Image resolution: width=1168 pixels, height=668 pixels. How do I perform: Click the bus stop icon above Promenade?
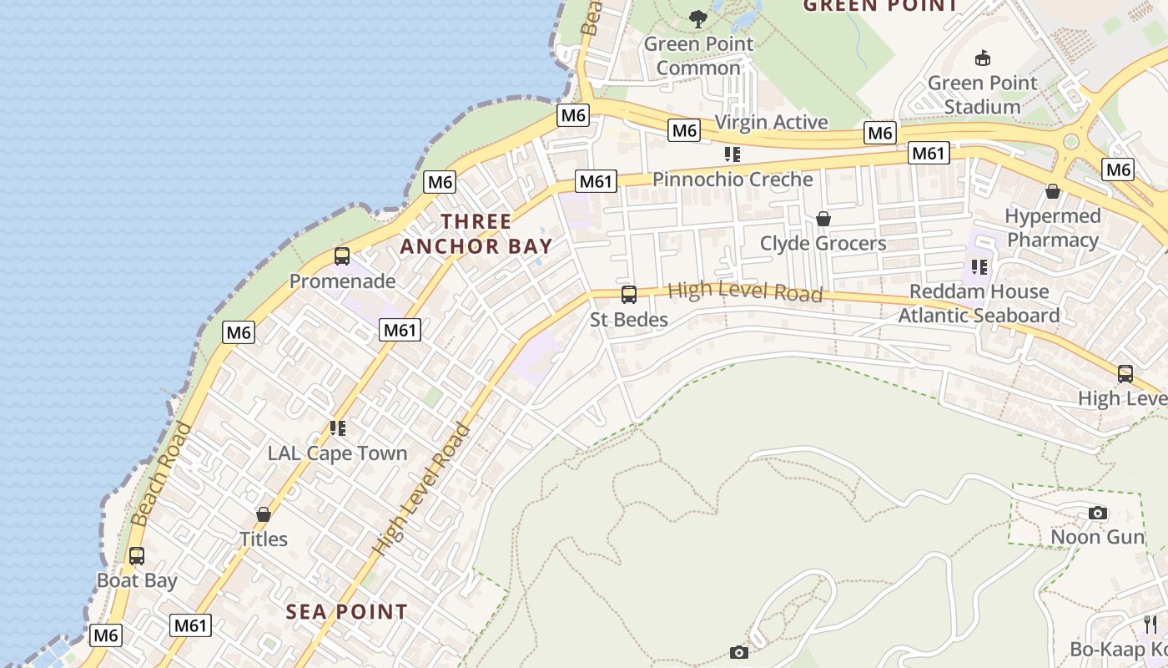[x=341, y=256]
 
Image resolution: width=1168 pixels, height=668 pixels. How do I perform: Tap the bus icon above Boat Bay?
[x=136, y=556]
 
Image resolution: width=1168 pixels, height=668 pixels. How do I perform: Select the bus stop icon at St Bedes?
[x=629, y=295]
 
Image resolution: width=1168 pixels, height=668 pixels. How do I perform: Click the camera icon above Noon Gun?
[x=1098, y=513]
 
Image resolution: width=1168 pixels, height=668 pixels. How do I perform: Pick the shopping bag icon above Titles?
[x=264, y=514]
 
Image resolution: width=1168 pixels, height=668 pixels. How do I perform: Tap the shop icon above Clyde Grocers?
[x=823, y=219]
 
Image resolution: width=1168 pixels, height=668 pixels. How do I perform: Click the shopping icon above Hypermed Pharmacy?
[x=1053, y=191]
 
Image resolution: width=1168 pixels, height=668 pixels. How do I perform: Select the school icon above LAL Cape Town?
[x=338, y=428]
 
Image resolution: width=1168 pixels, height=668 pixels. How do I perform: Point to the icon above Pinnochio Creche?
[x=733, y=154]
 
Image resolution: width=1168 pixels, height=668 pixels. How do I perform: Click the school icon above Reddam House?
[x=979, y=267]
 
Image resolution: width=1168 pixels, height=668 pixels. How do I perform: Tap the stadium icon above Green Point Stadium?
[x=983, y=58]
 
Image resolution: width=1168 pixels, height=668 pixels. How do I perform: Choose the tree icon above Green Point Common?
[x=698, y=18]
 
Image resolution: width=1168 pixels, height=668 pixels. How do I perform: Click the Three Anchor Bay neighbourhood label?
[x=476, y=234]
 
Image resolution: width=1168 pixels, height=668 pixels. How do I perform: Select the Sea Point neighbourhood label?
[x=347, y=612]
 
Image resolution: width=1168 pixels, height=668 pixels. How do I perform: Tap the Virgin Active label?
[x=772, y=122]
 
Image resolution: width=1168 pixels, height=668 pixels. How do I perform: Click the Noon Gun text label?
[x=1098, y=537]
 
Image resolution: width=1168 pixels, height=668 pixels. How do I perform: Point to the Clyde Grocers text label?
[x=823, y=243]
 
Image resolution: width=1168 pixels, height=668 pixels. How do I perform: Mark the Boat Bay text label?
[x=137, y=580]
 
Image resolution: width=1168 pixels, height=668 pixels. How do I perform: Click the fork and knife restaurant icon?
[x=1150, y=625]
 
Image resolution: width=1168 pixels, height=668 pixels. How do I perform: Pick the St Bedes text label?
[x=629, y=320]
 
